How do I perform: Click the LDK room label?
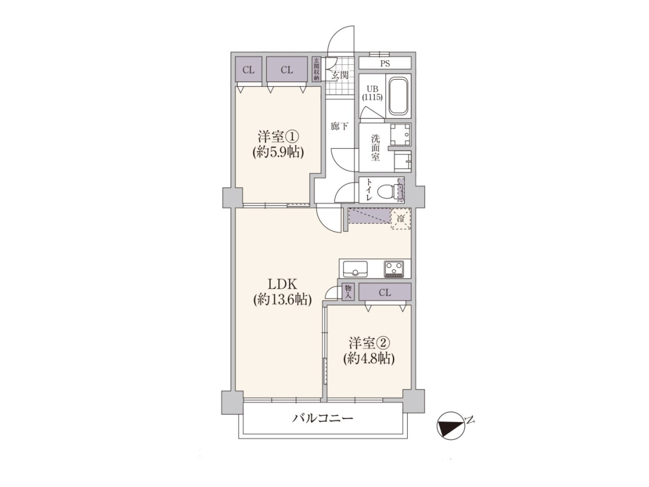(x=283, y=284)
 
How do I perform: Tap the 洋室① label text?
(x=278, y=137)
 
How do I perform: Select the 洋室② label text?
(x=369, y=343)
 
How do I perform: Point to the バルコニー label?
(x=323, y=418)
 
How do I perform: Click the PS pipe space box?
(x=385, y=63)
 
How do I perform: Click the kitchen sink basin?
(x=355, y=269)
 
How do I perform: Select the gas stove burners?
(x=394, y=269)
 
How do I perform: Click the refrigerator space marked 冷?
(x=401, y=218)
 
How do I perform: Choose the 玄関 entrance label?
(x=340, y=76)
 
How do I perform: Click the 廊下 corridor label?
(x=339, y=126)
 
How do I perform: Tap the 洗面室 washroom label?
(x=375, y=148)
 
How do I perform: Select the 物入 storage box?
(x=348, y=292)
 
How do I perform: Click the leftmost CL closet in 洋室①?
(x=248, y=70)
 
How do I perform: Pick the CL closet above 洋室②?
(x=385, y=292)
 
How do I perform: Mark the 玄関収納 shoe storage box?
(x=317, y=69)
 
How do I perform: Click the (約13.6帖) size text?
(x=283, y=299)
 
